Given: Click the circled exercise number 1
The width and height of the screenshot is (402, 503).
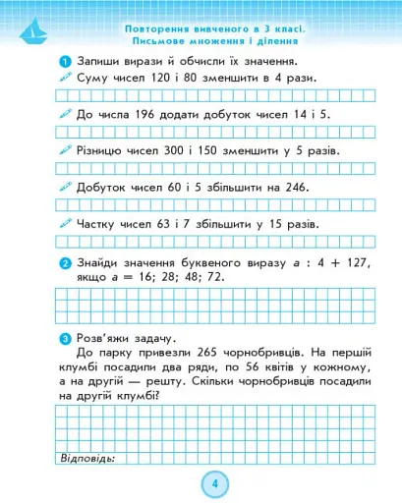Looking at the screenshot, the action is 64,60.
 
